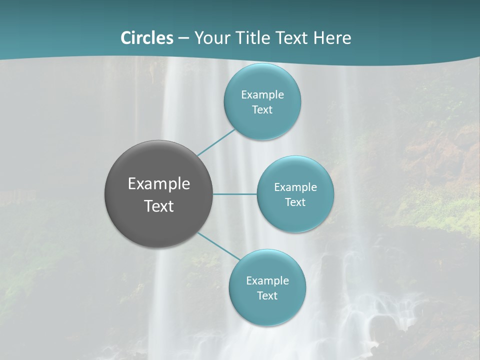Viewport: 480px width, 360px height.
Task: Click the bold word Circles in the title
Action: [x=146, y=38]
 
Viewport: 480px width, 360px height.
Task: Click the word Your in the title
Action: [x=212, y=38]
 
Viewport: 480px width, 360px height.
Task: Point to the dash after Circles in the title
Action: [x=183, y=38]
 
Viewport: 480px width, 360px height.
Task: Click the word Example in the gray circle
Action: [x=159, y=184]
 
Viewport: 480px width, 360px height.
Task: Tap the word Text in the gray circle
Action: [x=159, y=206]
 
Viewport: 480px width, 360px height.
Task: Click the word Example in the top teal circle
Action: [x=262, y=95]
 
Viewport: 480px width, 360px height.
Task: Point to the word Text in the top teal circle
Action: [x=262, y=110]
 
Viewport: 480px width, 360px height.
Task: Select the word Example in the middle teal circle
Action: [x=295, y=187]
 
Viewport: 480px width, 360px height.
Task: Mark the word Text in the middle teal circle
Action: [x=295, y=202]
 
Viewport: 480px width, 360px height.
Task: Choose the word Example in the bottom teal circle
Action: [x=267, y=281]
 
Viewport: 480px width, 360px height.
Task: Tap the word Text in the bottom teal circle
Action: [x=267, y=296]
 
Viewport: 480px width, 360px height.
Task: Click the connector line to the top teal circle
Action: [x=216, y=142]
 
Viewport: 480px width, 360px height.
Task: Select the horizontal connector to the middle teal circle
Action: [x=235, y=194]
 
